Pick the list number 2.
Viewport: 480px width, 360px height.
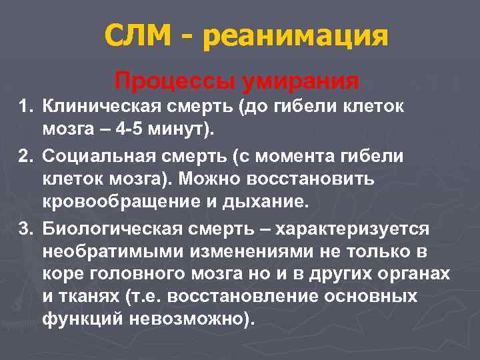point(25,155)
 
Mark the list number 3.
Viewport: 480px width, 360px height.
point(25,229)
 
